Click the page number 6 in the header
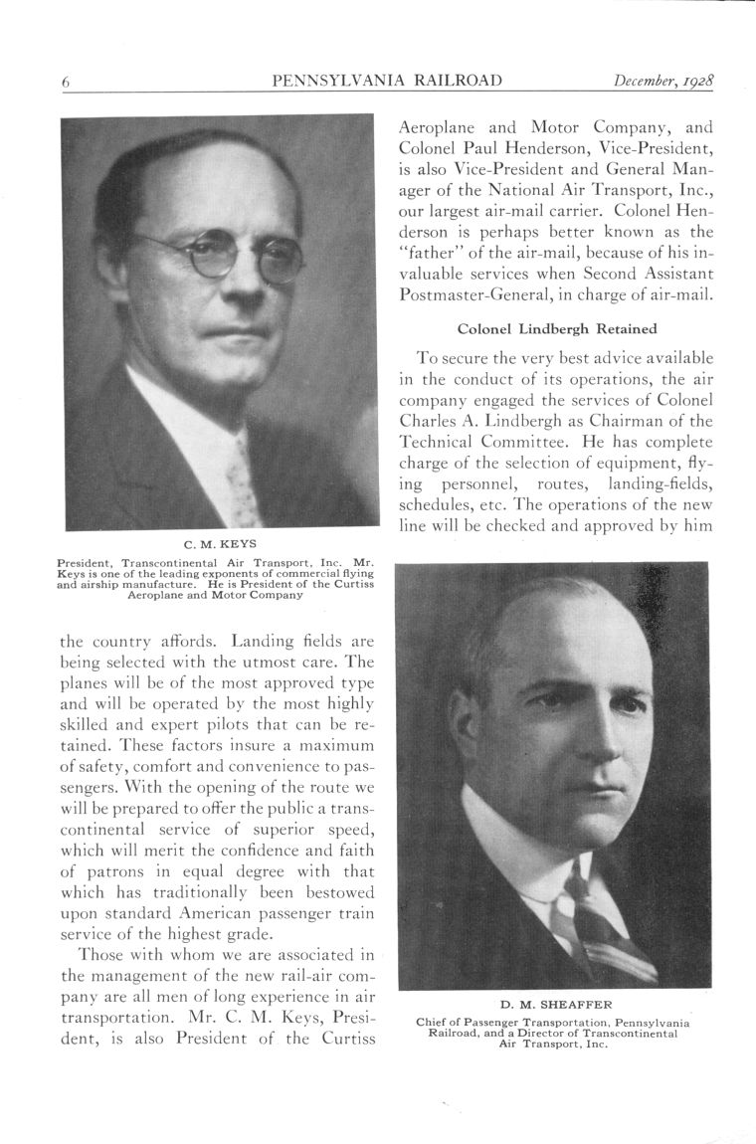click(x=65, y=83)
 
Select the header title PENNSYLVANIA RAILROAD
click(x=386, y=81)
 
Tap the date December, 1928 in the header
click(x=665, y=81)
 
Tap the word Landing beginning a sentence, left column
click(x=260, y=642)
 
